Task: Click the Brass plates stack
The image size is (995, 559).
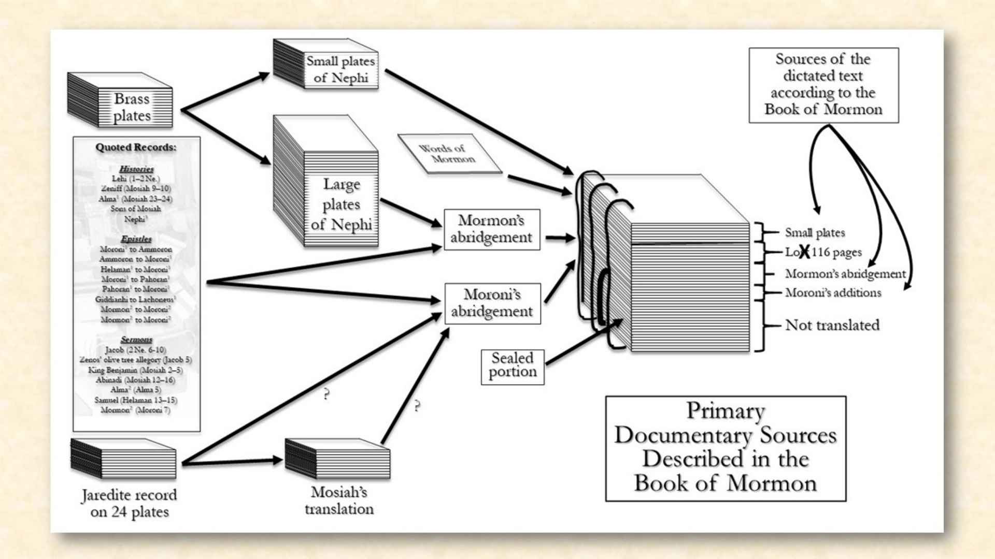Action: click(120, 101)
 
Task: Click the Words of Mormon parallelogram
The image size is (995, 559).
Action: click(449, 154)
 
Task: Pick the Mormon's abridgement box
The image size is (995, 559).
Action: click(492, 229)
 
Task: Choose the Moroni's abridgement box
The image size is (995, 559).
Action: click(492, 303)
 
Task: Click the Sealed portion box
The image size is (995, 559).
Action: click(513, 366)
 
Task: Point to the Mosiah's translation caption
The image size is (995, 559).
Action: click(339, 501)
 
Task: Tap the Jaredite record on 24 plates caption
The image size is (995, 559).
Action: click(129, 503)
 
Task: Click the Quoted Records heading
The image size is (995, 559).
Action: click(136, 148)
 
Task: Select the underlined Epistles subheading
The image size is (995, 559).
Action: click(136, 239)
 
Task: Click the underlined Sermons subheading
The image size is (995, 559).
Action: click(136, 340)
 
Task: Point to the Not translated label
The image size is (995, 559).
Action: click(832, 325)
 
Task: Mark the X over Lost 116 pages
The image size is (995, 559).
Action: click(804, 252)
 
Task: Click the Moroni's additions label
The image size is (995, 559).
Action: click(833, 293)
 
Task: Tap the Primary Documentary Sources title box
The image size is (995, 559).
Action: click(726, 448)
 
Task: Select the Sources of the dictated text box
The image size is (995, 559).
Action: click(823, 85)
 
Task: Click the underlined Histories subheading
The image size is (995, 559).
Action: click(136, 169)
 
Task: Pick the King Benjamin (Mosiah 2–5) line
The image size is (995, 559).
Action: click(135, 370)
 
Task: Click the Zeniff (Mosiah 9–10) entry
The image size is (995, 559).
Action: click(136, 188)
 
